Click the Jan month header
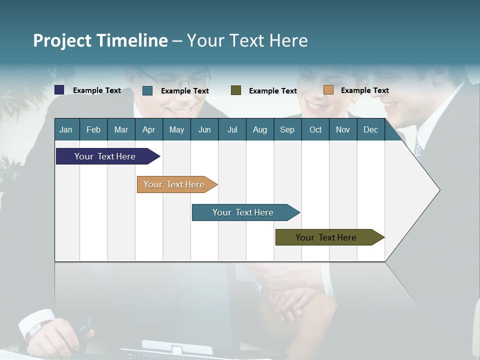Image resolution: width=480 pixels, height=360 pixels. pos(66,130)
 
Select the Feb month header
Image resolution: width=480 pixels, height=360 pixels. pos(93,130)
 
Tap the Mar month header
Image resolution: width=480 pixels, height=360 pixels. pos(121,130)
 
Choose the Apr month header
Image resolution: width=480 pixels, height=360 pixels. pos(148,130)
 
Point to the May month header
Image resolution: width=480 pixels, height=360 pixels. pos(176,130)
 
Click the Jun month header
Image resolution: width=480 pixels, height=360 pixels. pos(204,130)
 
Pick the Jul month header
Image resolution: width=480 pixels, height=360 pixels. pos(232,130)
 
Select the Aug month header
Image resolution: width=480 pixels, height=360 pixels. pos(259,130)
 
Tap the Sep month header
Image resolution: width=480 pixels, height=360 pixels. pos(287,130)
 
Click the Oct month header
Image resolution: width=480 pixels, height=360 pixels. pos(315,130)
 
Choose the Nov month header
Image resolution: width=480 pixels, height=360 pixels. pos(343,130)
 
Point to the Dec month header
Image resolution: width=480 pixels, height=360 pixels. pos(371,130)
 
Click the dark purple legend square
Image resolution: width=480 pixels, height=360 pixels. pos(59,90)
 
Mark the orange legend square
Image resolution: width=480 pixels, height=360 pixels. pos(328,90)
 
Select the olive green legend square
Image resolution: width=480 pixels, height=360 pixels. pos(236,90)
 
